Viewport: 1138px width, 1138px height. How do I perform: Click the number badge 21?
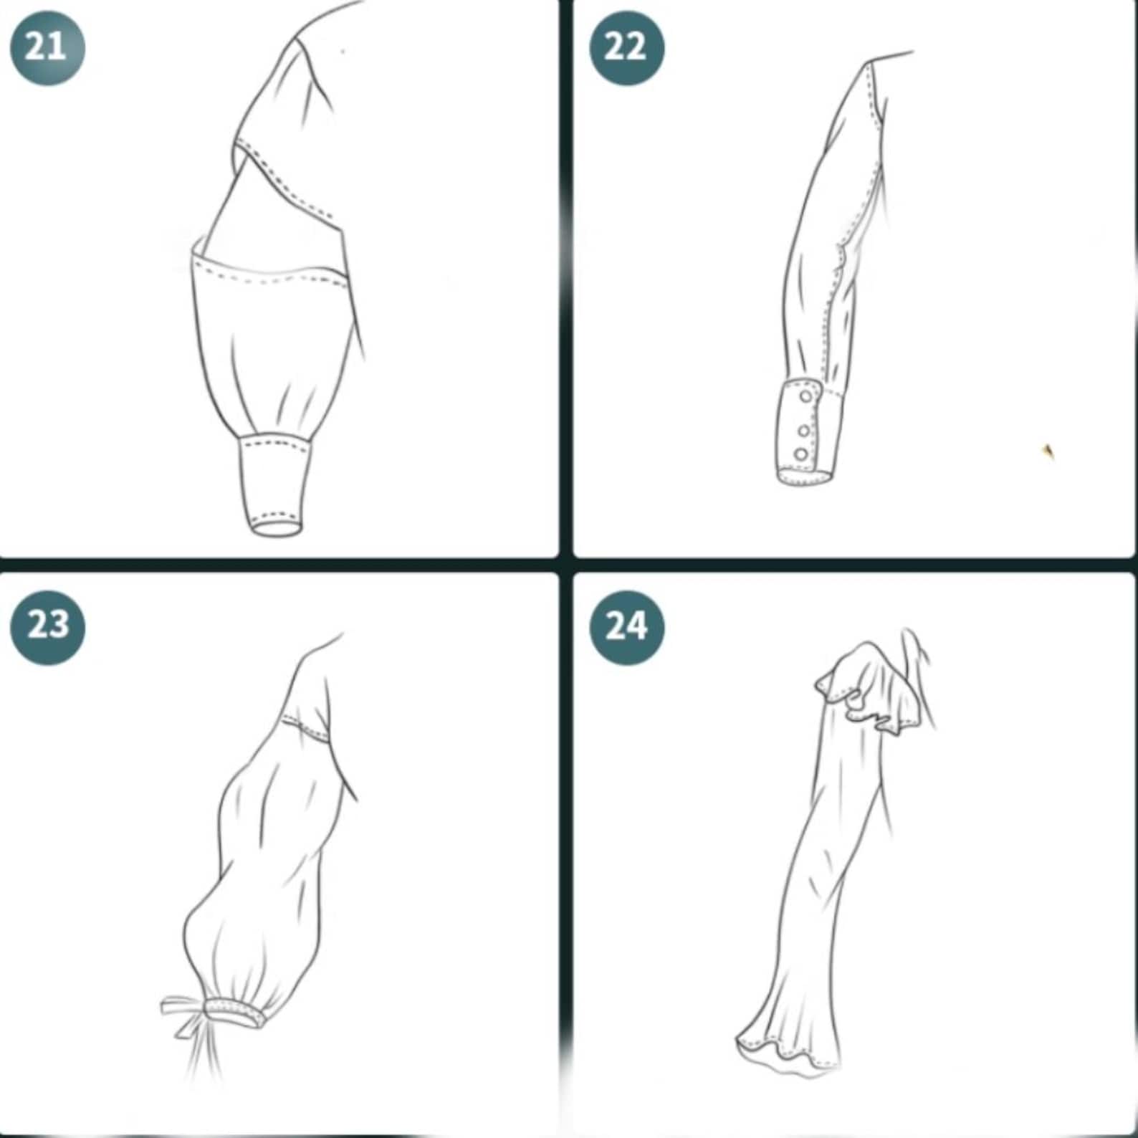click(x=47, y=48)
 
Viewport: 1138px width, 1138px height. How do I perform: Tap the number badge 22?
click(x=626, y=48)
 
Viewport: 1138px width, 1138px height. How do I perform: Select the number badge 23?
click(x=47, y=627)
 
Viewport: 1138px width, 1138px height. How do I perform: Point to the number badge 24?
click(x=626, y=627)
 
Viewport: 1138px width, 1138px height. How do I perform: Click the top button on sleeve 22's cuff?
click(x=806, y=396)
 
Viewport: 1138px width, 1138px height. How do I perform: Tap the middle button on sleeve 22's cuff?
click(x=804, y=431)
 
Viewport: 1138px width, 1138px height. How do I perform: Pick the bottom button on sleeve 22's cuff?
click(x=801, y=454)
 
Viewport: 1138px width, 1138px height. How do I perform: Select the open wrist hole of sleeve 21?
click(x=277, y=527)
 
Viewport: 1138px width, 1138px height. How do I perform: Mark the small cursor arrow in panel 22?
click(x=1048, y=451)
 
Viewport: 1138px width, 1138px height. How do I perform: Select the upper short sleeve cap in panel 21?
click(x=287, y=122)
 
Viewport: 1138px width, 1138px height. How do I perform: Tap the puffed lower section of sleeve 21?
click(x=276, y=344)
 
